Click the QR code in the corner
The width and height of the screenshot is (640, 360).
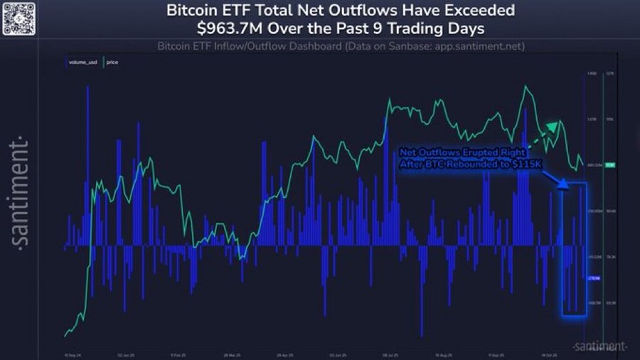[x=19, y=18]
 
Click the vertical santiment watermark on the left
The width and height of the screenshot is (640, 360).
[x=21, y=192]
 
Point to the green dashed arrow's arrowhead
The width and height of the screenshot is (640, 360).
[x=553, y=125]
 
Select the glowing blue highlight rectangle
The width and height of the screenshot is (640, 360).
[x=574, y=249]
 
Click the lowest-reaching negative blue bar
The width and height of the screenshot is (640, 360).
[x=421, y=334]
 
